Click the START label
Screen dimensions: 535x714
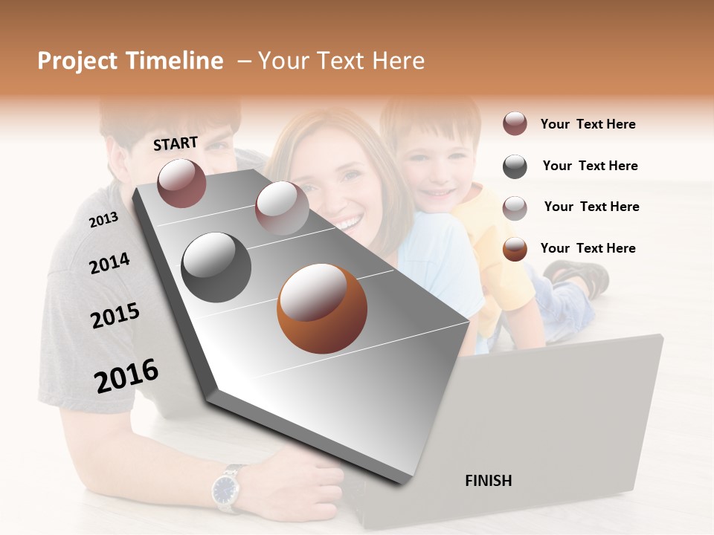[x=176, y=143]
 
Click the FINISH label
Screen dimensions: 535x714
[x=488, y=481]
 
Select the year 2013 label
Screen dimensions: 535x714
[x=103, y=219]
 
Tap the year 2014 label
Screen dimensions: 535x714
[x=109, y=263]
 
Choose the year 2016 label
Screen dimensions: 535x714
[x=126, y=376]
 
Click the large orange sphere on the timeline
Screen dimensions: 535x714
[x=321, y=308]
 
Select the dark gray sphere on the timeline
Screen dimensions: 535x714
[x=216, y=267]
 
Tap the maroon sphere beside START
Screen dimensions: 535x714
[x=181, y=183]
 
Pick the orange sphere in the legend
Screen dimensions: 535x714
[x=515, y=249]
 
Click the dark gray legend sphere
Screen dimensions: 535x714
[x=515, y=166]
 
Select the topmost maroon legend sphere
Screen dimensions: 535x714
[x=515, y=124]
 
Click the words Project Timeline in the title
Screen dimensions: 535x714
[x=130, y=61]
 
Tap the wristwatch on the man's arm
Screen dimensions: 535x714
[x=225, y=488]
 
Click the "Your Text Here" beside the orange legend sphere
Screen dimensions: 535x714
[x=588, y=248]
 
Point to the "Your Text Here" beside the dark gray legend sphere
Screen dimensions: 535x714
[x=590, y=166]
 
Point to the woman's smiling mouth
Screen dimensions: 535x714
[x=347, y=220]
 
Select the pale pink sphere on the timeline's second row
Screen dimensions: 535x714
[x=281, y=208]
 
